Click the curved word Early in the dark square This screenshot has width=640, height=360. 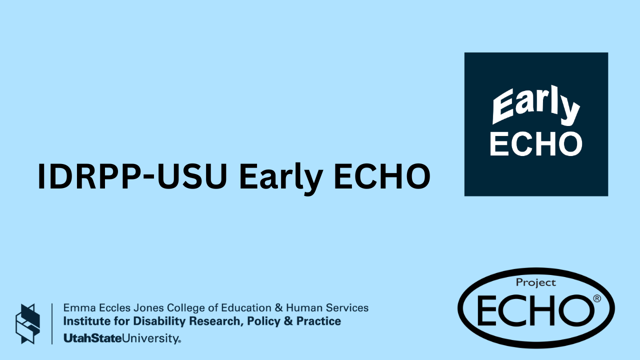(535, 106)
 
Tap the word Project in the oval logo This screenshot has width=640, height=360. (536, 282)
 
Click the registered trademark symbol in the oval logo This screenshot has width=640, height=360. (596, 298)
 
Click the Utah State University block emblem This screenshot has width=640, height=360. (27, 323)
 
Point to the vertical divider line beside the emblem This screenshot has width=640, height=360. (52, 323)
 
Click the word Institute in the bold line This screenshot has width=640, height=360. (83, 321)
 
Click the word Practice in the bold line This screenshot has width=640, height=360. (318, 321)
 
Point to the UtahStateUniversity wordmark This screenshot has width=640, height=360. (122, 338)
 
